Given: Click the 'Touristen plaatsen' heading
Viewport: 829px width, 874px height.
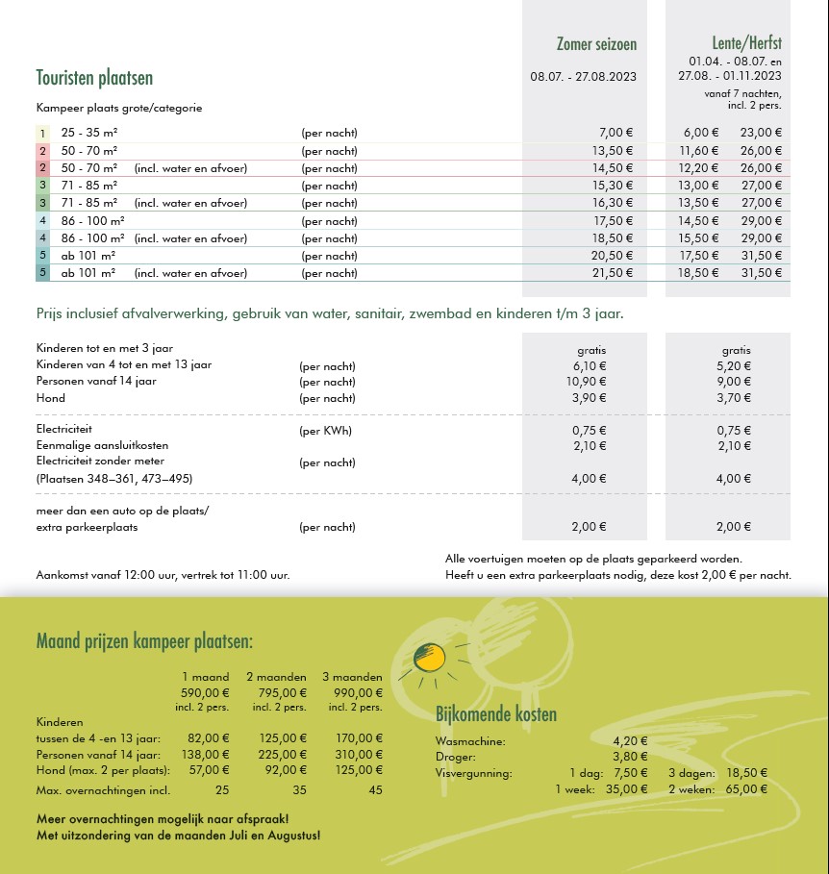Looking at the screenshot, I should click(94, 78).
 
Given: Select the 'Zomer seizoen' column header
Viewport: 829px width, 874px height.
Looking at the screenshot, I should click(596, 44).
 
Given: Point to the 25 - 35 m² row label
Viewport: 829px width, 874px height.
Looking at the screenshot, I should click(89, 133).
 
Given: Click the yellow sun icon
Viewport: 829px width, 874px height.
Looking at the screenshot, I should click(428, 658).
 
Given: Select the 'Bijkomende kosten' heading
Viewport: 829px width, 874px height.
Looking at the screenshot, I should click(496, 714).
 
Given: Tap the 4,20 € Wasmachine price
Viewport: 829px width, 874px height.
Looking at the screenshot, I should click(630, 741).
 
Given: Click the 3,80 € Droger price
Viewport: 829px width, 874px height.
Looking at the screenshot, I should click(630, 757).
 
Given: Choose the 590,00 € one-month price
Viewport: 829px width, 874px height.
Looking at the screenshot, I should click(205, 692).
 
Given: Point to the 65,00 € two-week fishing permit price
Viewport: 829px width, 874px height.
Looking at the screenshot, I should click(746, 789).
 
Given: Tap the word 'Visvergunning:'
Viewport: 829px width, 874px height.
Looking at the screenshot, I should click(474, 773).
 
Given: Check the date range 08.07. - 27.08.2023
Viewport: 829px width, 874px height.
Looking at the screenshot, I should click(584, 75).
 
